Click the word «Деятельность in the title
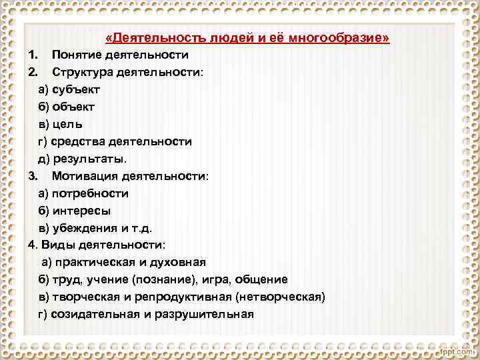click(143, 38)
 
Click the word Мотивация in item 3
click(82, 176)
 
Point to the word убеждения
click(82, 228)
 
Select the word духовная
click(179, 263)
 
